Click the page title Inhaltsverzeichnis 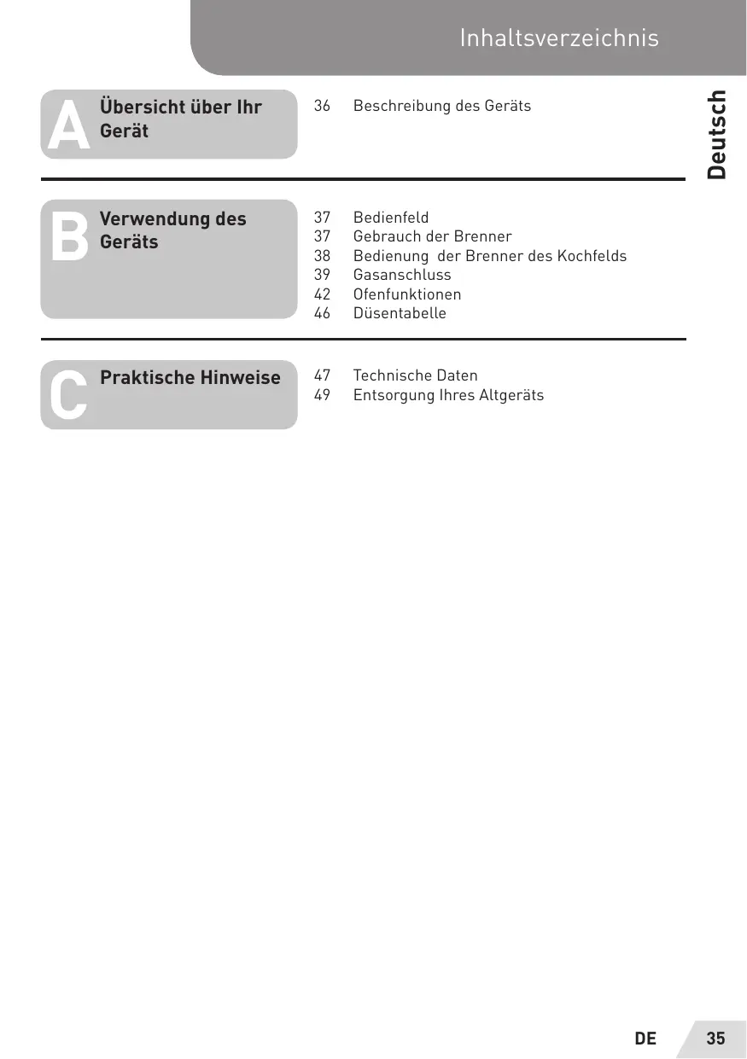click(x=558, y=38)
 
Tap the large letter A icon click(x=69, y=125)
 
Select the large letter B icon click(x=69, y=237)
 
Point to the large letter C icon click(x=67, y=396)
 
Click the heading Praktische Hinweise click(x=190, y=378)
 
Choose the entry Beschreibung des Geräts click(x=441, y=106)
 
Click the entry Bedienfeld click(x=391, y=218)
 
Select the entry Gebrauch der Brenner click(x=432, y=236)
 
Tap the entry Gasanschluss click(x=402, y=275)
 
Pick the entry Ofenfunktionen click(x=407, y=294)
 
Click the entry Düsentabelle click(x=400, y=313)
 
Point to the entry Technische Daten click(x=415, y=375)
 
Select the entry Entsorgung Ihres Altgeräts click(x=448, y=395)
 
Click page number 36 click(x=322, y=106)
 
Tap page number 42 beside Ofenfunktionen click(x=322, y=294)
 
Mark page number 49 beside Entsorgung click(x=322, y=395)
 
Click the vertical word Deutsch click(x=717, y=135)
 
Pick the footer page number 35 click(x=715, y=1039)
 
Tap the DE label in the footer click(x=645, y=1039)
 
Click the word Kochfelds click(x=592, y=256)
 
